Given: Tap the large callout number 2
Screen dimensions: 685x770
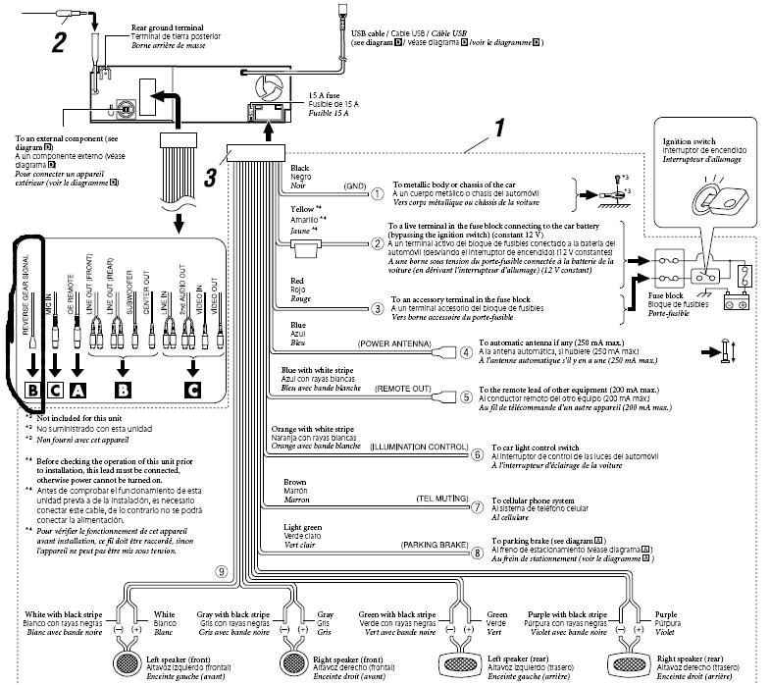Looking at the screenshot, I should point(60,41).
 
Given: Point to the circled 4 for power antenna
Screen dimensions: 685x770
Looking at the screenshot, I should point(466,350).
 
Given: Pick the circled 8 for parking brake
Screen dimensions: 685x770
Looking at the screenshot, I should point(477,552).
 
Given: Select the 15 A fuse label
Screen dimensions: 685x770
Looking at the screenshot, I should point(309,88).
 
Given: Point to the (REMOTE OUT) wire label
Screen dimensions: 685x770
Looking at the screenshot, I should point(403,389).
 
